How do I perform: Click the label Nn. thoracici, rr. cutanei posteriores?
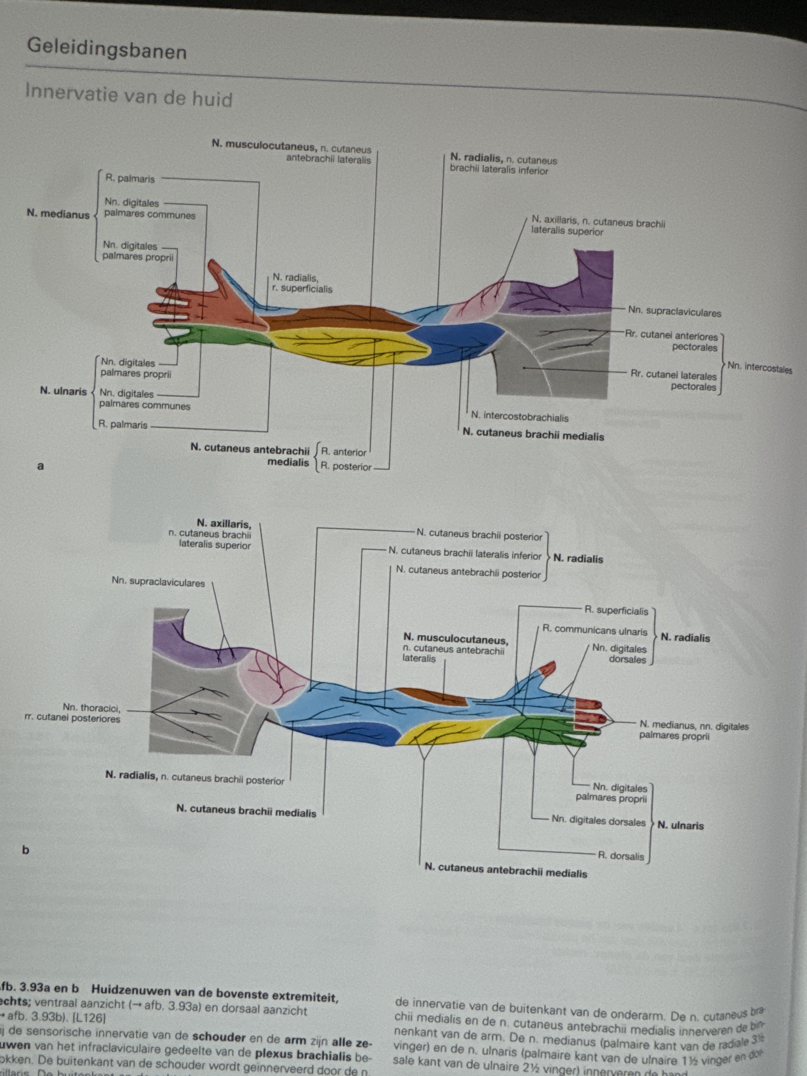73,713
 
